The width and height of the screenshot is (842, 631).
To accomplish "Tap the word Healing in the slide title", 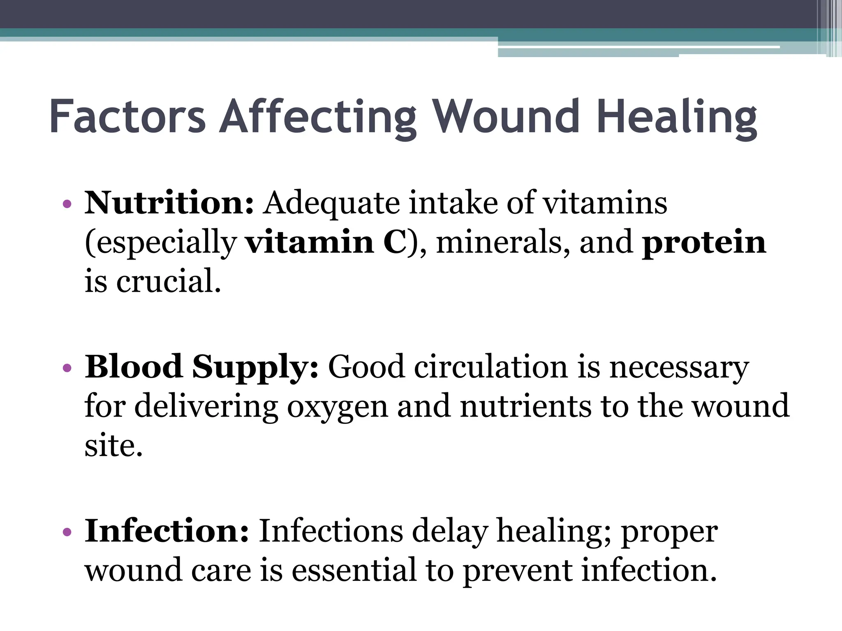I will [677, 117].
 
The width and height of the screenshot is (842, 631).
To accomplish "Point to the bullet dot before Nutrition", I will [67, 204].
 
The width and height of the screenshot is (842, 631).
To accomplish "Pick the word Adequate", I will [331, 203].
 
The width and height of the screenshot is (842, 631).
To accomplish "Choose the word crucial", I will [169, 281].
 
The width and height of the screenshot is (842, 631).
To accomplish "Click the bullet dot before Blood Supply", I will [67, 368].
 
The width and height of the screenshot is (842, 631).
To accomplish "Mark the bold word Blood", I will [133, 366].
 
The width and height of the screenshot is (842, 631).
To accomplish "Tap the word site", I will [113, 445].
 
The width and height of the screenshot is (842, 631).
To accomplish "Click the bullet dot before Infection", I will [67, 532].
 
